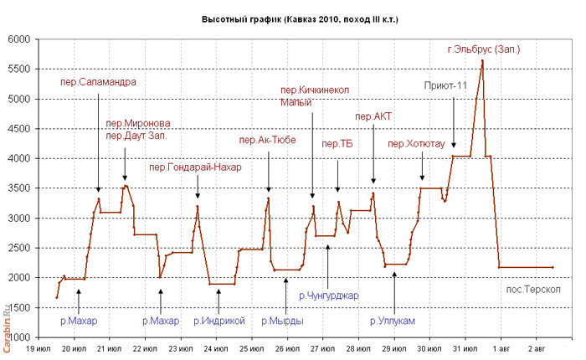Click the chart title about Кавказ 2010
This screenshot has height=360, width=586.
coord(300,18)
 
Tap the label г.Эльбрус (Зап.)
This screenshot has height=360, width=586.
coord(485,49)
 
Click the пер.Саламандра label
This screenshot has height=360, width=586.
coord(99,82)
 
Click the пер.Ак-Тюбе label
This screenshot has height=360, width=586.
coord(267,140)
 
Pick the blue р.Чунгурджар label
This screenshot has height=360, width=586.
coord(327,295)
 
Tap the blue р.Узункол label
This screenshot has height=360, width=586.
coord(392,320)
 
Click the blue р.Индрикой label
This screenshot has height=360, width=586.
coord(218,320)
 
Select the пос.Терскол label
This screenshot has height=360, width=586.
coord(533,290)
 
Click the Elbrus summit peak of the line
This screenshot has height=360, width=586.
coord(482,60)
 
